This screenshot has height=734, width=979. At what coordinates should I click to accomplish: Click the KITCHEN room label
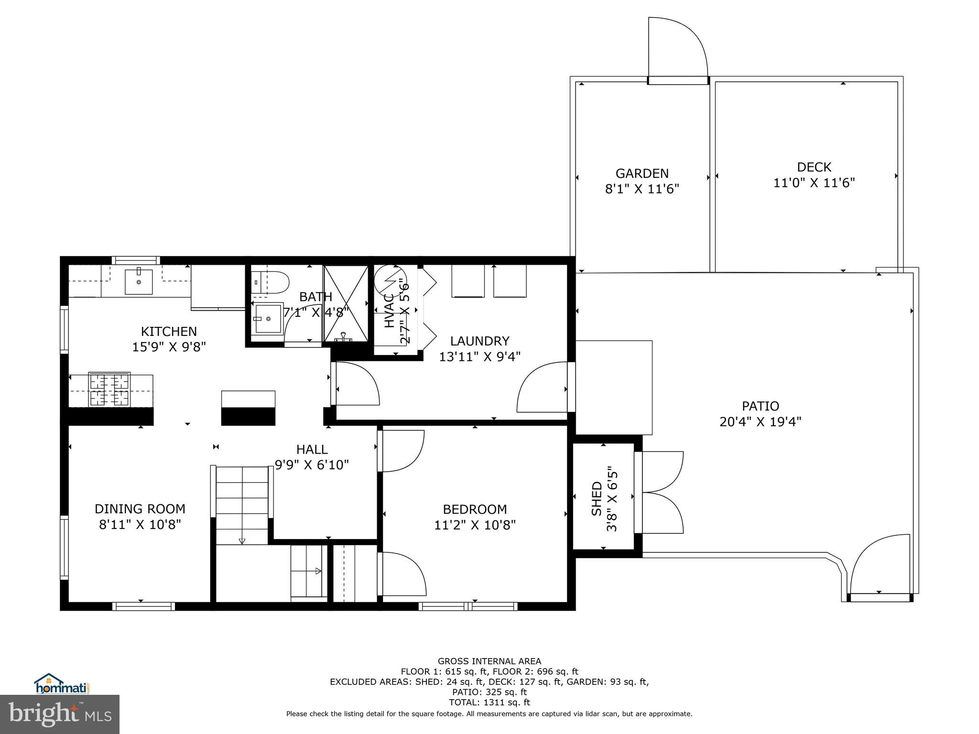(x=168, y=331)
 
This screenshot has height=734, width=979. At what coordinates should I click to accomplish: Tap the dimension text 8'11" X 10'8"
(x=140, y=525)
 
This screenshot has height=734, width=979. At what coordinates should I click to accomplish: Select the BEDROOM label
(x=474, y=509)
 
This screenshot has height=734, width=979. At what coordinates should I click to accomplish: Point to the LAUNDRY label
(x=479, y=341)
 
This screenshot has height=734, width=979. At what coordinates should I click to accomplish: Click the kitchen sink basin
(x=139, y=281)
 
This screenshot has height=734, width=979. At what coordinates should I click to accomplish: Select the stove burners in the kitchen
(x=109, y=389)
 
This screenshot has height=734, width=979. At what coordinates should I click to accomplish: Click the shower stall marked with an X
(x=346, y=303)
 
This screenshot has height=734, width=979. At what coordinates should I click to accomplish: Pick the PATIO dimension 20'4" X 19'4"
(x=760, y=421)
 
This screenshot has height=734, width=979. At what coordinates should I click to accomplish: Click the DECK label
(x=814, y=167)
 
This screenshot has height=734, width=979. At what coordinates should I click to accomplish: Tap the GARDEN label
(x=642, y=173)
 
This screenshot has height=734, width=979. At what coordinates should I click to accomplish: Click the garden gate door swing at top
(x=676, y=48)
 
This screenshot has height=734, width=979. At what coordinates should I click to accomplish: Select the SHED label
(x=597, y=498)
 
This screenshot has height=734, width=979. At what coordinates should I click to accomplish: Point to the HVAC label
(x=389, y=311)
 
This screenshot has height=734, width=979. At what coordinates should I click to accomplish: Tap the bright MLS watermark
(x=59, y=714)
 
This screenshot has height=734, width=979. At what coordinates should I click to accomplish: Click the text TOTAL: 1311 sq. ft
(x=489, y=702)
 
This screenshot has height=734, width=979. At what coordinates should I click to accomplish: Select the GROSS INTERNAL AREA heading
(x=489, y=661)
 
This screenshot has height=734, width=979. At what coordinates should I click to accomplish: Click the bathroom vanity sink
(x=268, y=318)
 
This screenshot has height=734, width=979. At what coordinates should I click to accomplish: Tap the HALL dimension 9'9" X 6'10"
(x=312, y=464)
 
